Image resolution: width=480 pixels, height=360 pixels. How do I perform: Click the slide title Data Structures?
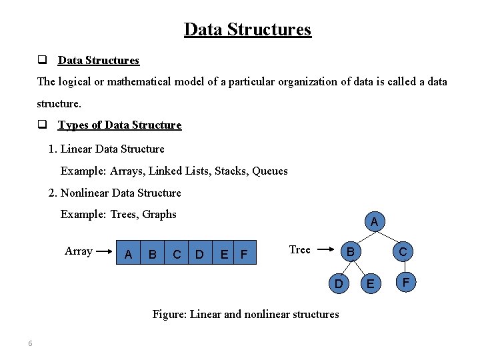(247, 30)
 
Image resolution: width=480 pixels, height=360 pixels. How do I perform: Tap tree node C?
(403, 251)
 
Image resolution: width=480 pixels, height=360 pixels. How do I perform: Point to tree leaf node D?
(339, 284)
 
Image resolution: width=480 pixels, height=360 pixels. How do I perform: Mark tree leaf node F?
(405, 281)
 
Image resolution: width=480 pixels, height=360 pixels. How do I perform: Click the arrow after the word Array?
(103, 252)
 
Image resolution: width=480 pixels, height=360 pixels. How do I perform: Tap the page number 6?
(30, 343)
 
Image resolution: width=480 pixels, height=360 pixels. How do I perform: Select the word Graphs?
(159, 215)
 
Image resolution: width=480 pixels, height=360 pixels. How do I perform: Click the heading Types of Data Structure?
(119, 125)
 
